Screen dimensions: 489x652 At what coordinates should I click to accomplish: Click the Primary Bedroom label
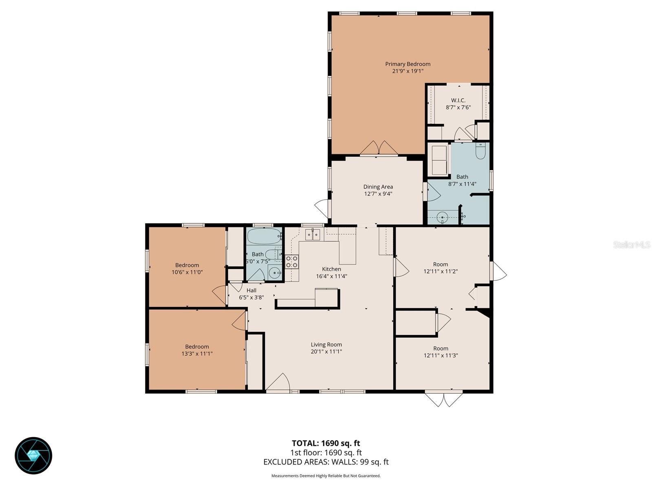(407, 64)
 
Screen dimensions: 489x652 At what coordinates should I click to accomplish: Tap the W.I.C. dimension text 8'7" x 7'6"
(458, 108)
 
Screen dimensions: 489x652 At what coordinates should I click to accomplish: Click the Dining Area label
(378, 187)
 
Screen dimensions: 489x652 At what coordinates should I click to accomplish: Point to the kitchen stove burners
(292, 261)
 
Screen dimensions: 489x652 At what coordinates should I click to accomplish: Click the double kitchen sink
(313, 234)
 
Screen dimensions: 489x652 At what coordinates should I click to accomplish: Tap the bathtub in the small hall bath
(264, 236)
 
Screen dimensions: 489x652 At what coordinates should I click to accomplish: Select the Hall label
(251, 291)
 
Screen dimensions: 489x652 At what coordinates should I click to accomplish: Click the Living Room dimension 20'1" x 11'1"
(326, 352)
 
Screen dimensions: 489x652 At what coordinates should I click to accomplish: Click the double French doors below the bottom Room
(444, 399)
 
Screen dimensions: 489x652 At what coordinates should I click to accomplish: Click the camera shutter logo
(33, 456)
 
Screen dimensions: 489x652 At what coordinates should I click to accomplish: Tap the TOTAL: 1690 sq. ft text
(326, 443)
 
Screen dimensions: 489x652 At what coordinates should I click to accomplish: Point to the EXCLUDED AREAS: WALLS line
(326, 462)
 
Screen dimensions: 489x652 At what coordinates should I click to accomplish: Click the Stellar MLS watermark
(631, 245)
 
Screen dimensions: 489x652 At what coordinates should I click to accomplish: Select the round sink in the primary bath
(443, 218)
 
